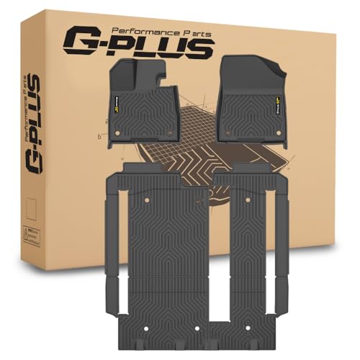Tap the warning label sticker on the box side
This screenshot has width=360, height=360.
pos(29,235)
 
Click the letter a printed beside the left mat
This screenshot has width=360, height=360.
pos(106,122)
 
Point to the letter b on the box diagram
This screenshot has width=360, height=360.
pos(99,135)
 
